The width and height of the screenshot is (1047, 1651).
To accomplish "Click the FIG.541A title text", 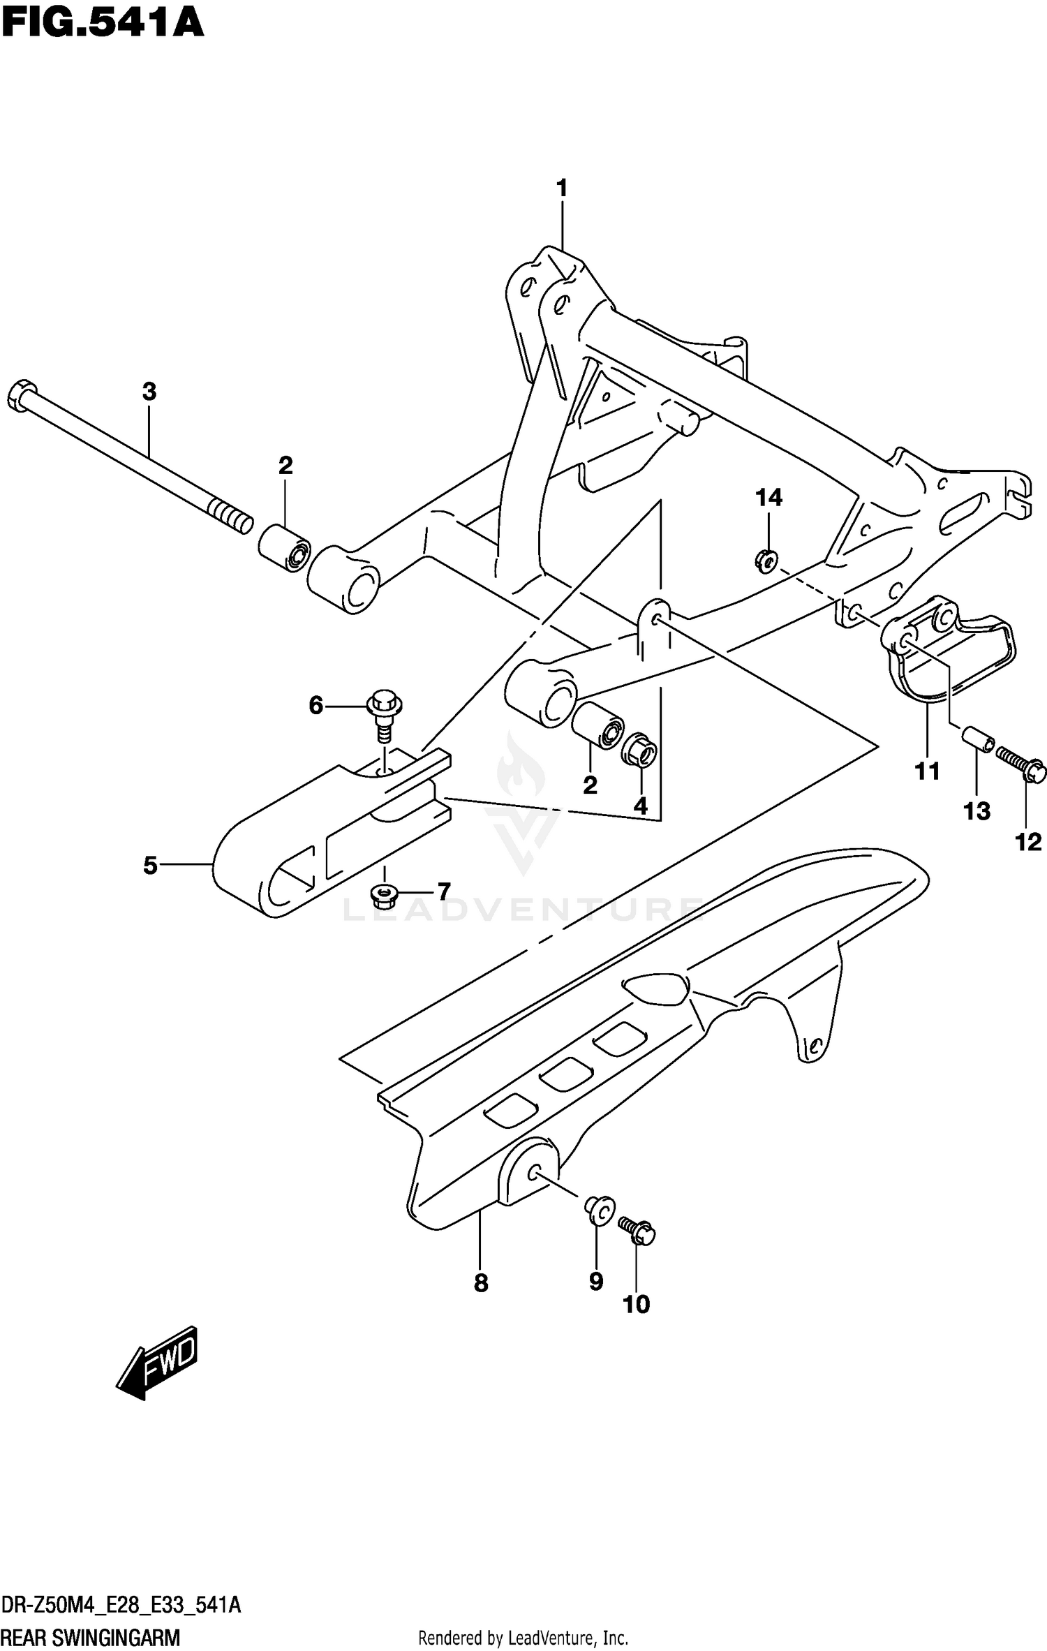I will (102, 22).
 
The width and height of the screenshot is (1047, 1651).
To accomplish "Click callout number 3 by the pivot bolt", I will (149, 392).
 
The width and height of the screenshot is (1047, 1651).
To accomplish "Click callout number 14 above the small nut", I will (768, 498).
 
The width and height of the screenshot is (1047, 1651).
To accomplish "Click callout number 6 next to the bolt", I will (316, 706).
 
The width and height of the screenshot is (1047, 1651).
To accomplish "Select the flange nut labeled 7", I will (381, 893).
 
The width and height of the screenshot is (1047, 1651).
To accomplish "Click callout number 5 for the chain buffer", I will (150, 866).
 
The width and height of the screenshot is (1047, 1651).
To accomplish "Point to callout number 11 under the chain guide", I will (928, 771).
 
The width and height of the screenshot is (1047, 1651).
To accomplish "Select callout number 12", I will (1027, 842).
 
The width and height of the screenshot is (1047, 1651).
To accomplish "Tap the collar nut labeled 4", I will (639, 750).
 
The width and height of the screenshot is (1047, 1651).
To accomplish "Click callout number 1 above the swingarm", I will (561, 188).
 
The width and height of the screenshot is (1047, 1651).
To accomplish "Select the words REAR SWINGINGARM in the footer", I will (91, 1636).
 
